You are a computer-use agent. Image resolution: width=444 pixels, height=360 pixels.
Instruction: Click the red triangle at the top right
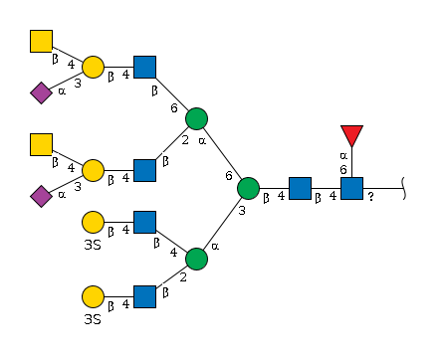pos(351,134)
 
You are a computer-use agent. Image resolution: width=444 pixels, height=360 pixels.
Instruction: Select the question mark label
pos(371,197)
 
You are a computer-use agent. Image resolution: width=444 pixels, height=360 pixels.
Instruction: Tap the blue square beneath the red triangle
pos(351,188)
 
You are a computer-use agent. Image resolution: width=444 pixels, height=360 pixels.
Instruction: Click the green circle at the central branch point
pos(248,188)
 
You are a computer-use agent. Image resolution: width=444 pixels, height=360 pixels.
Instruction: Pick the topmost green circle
pos(197,118)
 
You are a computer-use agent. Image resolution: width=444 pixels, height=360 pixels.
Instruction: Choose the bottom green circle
pos(197,259)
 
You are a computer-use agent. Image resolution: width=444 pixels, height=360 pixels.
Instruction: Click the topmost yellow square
pos(41,41)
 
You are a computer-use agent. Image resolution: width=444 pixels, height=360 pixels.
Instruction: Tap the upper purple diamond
pos(41,92)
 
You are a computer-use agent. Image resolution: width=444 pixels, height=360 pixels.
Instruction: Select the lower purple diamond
pos(41,196)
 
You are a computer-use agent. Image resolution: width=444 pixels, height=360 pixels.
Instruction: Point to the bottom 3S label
pos(93,319)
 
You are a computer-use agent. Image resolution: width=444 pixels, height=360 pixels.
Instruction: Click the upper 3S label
pos(93,245)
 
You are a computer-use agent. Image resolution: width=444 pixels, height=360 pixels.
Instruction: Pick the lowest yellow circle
pos(93,296)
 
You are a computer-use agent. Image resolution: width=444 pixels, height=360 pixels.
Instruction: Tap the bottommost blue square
pos(144,296)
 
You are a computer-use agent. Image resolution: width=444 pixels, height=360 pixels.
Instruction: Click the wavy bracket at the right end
pos(404,188)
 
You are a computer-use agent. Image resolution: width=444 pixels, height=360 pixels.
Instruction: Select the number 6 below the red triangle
pos(343,170)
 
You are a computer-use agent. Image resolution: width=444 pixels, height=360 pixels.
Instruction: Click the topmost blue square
pos(144,67)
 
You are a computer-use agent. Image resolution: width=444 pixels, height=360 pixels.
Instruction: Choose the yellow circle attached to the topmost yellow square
pos(93,67)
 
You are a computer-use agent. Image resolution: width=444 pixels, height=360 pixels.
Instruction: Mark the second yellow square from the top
pos(41,144)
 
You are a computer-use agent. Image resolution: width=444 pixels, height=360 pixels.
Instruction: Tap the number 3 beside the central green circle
pos(242,210)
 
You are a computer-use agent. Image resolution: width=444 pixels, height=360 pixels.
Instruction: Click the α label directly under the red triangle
pos(343,155)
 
